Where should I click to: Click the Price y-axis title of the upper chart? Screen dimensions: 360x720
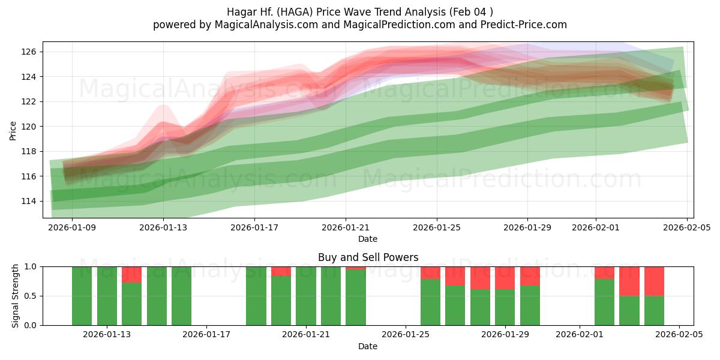[x=13, y=130]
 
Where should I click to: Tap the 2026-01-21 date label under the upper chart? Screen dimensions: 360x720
[x=345, y=228]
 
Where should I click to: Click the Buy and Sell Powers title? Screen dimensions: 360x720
[x=368, y=257]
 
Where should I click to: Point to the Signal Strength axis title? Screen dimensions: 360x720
[x=16, y=296]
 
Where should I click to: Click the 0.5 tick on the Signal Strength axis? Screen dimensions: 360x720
[x=30, y=296]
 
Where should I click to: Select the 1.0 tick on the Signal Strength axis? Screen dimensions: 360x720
[x=30, y=266]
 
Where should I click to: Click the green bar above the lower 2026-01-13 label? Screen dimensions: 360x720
[x=107, y=297]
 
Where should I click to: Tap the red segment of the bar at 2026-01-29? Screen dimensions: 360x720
[x=505, y=277]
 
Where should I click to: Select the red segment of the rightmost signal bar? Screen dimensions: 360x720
[x=654, y=281]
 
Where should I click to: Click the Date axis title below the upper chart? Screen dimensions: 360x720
[x=368, y=239]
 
